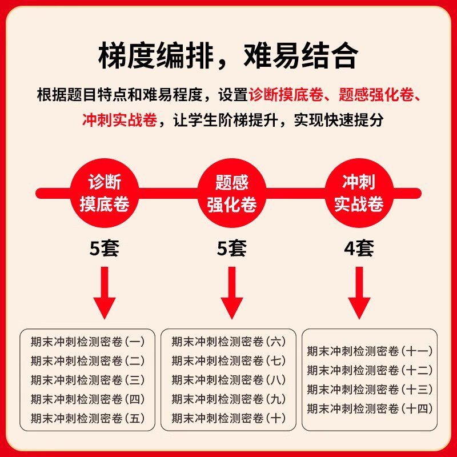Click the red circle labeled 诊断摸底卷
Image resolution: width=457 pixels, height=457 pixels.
[x=104, y=193]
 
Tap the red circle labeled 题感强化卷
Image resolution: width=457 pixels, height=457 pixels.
[x=231, y=193]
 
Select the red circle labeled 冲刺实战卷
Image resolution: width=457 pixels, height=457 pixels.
[x=358, y=193]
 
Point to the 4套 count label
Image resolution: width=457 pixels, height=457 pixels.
[x=359, y=248]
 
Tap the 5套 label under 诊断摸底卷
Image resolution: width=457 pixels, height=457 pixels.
[x=104, y=248]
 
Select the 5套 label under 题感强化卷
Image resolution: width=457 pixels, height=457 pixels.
[x=231, y=248]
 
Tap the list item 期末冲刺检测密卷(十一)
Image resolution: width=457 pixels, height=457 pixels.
[x=370, y=351]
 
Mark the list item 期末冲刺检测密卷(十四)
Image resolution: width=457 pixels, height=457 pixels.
[x=370, y=408]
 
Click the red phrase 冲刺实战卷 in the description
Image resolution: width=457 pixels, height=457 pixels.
[x=119, y=121]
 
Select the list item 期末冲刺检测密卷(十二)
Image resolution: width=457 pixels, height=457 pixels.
[x=370, y=370]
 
